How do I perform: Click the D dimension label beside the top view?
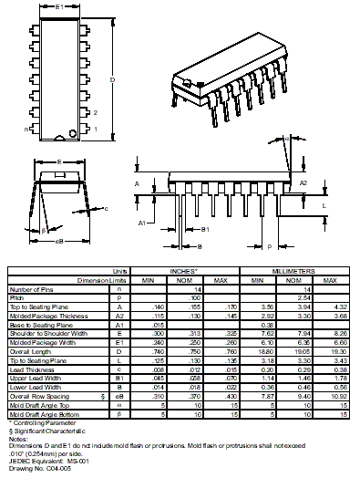click(x=112, y=80)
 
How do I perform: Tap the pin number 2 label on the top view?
click(x=96, y=112)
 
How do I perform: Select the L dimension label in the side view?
click(x=326, y=206)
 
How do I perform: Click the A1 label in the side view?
click(x=143, y=222)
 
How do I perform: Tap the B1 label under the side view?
click(x=206, y=229)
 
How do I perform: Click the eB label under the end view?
click(x=59, y=242)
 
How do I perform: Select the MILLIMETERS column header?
click(x=294, y=271)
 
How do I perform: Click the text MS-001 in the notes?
click(x=80, y=462)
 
